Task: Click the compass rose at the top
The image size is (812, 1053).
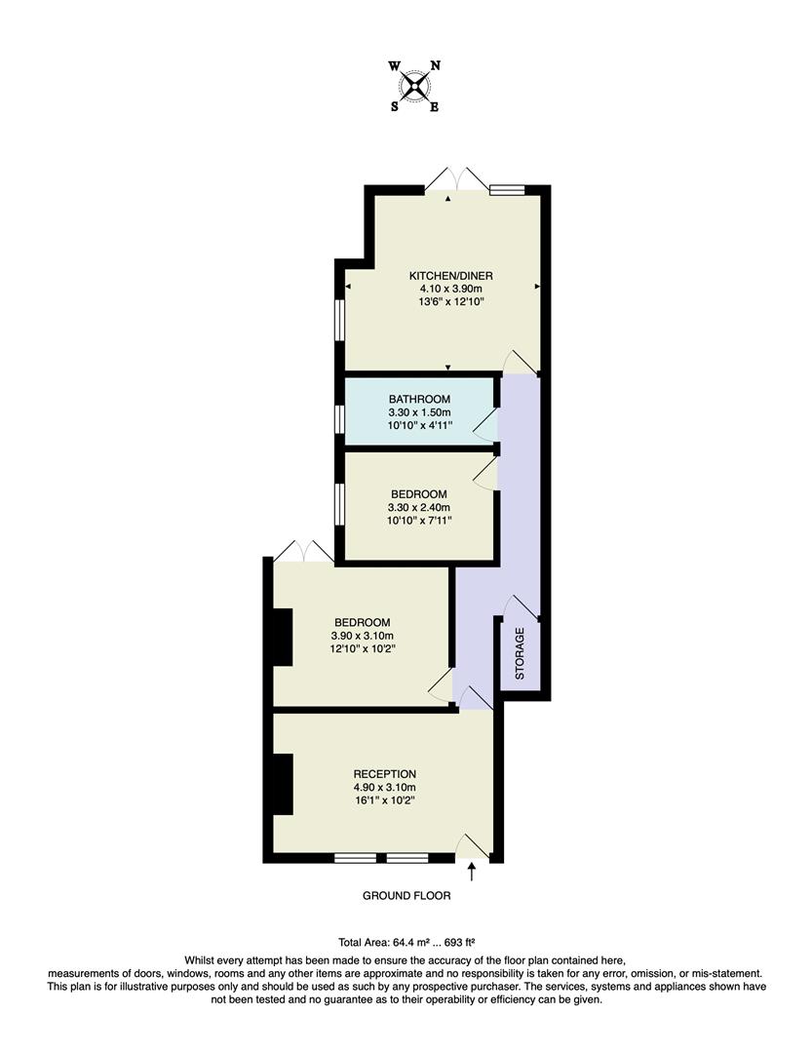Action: (x=415, y=86)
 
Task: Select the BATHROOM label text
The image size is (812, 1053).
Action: (x=419, y=400)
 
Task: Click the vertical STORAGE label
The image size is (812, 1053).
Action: (x=520, y=653)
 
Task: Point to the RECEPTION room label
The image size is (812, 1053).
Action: (x=384, y=774)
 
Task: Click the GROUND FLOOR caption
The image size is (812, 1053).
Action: (x=406, y=895)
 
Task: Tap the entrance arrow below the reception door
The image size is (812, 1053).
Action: (x=473, y=870)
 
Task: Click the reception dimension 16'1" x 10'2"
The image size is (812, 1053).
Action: (x=384, y=801)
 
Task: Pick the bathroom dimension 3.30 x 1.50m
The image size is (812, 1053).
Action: (x=419, y=413)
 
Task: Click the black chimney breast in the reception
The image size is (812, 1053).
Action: (x=283, y=784)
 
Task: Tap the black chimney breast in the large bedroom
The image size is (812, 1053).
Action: (x=282, y=638)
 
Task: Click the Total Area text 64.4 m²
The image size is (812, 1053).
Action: (x=406, y=943)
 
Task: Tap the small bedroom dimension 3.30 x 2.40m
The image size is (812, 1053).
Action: (x=419, y=507)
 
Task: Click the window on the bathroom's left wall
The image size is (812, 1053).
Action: (x=338, y=417)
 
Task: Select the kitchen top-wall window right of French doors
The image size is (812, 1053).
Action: (x=507, y=190)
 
